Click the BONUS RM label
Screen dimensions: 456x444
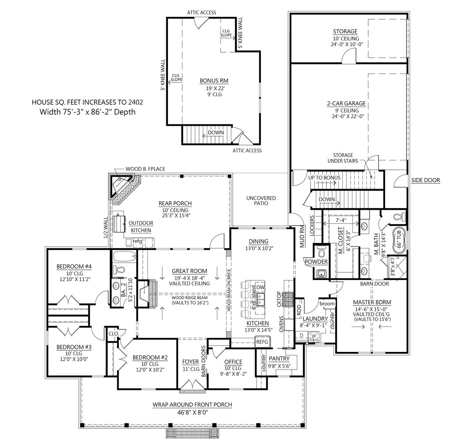[x=214, y=81]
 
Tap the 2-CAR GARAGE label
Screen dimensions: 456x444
[x=346, y=103]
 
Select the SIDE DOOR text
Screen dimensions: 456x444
[x=426, y=180]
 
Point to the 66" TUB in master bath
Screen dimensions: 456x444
[x=399, y=239]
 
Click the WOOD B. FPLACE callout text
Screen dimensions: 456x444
[x=145, y=169]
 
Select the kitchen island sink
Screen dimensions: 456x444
[x=260, y=300]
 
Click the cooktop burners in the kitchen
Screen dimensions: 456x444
[x=289, y=299]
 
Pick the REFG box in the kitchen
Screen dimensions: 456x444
[x=262, y=342]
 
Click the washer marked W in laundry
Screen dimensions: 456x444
[x=313, y=336]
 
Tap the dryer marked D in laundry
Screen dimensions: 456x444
[x=301, y=336]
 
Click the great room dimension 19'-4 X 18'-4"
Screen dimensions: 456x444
[x=190, y=278]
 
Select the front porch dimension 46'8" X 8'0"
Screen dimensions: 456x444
[x=192, y=412]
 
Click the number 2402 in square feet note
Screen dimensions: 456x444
[x=135, y=102]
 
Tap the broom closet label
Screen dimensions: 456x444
[x=327, y=304]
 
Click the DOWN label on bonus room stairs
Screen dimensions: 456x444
[x=215, y=132]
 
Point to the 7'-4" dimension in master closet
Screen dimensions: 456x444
[x=341, y=220]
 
